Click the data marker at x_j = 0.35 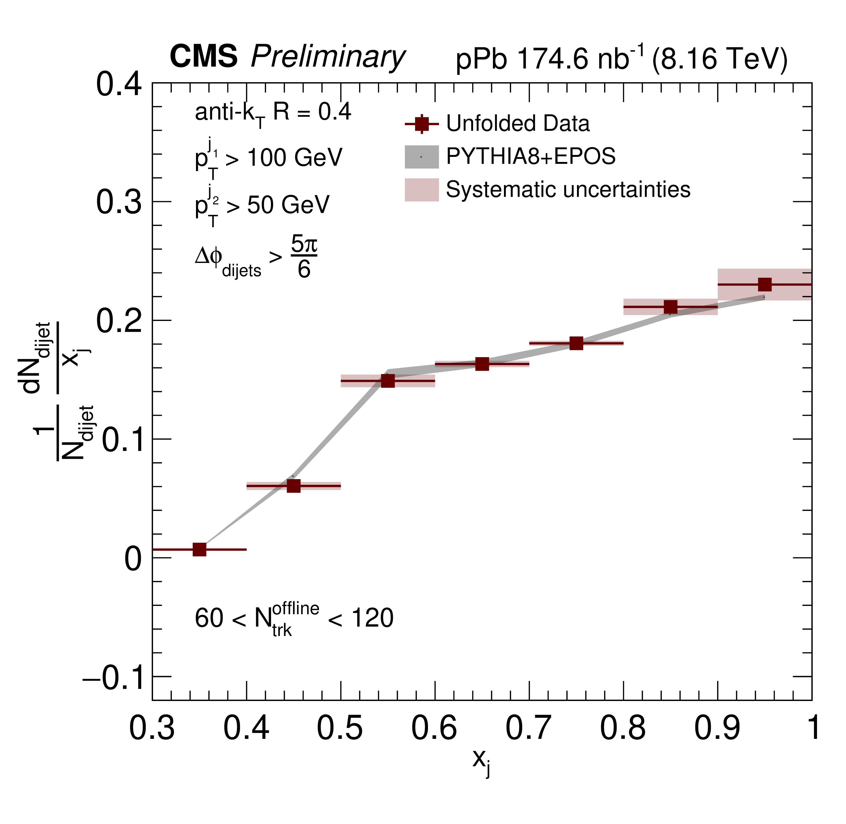point(199,549)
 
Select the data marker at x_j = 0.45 point(294,486)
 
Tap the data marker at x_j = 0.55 point(388,381)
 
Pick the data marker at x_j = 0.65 point(482,364)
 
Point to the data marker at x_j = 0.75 point(576,343)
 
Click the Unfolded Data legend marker point(422,124)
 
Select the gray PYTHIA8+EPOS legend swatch point(422,157)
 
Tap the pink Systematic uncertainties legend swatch point(422,190)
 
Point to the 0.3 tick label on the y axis point(119,202)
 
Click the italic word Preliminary point(328,57)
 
